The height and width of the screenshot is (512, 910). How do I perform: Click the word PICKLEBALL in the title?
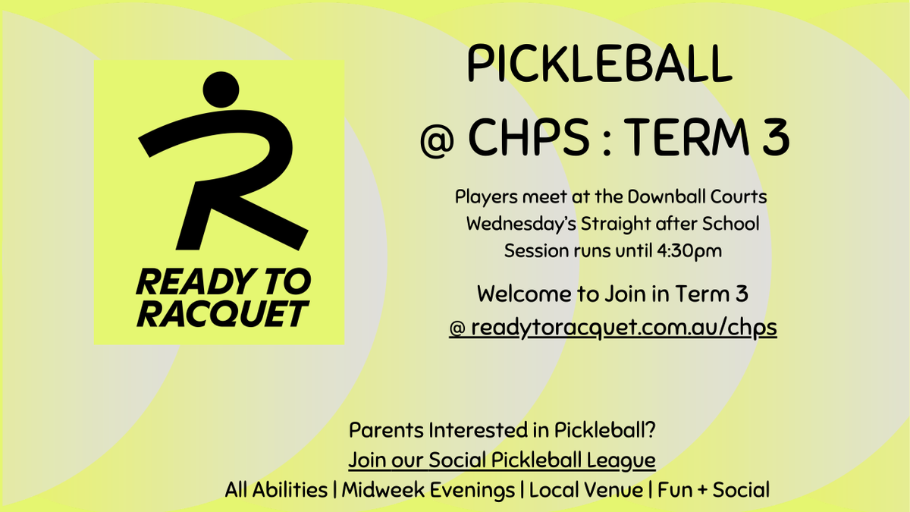[600, 64]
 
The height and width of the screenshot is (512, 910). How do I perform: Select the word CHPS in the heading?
[529, 137]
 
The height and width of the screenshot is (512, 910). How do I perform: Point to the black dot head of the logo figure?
[221, 90]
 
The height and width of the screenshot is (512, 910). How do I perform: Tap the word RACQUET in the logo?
[223, 314]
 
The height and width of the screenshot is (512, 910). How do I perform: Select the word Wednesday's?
[521, 224]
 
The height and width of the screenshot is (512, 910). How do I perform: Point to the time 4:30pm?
[689, 251]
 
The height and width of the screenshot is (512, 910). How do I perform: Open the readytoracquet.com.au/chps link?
[613, 328]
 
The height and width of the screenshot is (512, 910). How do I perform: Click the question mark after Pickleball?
[651, 429]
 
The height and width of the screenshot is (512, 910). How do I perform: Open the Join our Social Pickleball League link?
[502, 460]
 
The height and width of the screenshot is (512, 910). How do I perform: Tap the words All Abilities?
[276, 490]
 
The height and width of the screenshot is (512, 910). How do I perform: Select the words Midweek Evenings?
[428, 490]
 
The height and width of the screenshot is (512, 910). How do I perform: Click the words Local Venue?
[586, 490]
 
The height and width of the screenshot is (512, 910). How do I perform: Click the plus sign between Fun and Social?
[702, 491]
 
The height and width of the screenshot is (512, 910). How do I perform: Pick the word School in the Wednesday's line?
[731, 224]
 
